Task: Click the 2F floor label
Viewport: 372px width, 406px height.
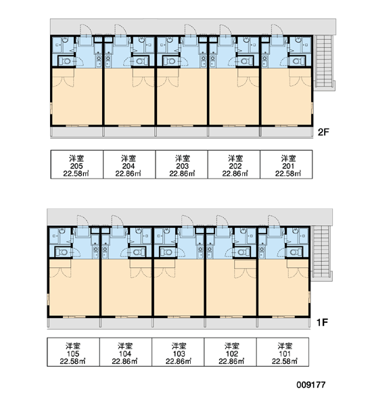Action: (323, 132)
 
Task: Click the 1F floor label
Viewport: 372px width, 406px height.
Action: (322, 322)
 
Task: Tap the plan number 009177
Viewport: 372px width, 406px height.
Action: (310, 385)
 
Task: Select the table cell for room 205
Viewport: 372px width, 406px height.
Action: (76, 164)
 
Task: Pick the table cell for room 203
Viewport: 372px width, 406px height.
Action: (182, 164)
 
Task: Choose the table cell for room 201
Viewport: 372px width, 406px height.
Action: (286, 164)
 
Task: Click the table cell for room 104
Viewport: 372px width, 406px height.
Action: (126, 352)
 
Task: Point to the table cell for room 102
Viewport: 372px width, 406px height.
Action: (231, 352)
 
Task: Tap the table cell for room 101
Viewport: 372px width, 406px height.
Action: (283, 352)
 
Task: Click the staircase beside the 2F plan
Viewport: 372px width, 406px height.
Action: (324, 62)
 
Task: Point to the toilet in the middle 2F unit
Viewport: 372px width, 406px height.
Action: (170, 62)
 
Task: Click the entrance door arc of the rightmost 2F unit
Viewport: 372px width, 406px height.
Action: (277, 29)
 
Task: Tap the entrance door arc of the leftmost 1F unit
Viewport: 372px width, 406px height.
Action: (83, 220)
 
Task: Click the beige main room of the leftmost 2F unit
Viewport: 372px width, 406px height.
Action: (77, 99)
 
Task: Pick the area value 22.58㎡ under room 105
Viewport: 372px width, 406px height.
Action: (73, 361)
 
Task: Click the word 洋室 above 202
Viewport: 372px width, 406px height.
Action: (235, 158)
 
